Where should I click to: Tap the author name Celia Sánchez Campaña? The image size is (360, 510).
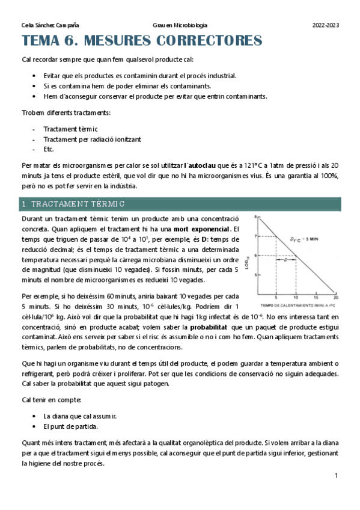click(x=50, y=25)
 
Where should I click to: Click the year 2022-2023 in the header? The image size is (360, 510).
click(x=325, y=25)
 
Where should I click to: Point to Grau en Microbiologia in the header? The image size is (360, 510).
click(x=180, y=25)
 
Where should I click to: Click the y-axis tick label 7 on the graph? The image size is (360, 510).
click(x=256, y=236)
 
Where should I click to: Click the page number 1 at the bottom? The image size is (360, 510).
click(x=337, y=476)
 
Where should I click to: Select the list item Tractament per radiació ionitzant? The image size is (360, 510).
click(x=92, y=139)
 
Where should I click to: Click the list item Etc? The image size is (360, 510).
click(x=49, y=149)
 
